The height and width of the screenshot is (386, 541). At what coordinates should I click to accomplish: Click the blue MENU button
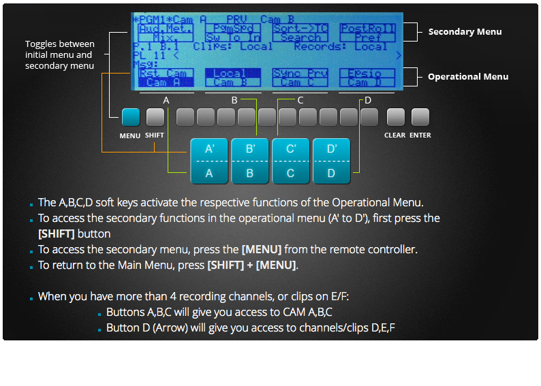pyautogui.click(x=130, y=118)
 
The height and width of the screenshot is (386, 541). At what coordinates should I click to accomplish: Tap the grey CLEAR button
pyautogui.click(x=395, y=118)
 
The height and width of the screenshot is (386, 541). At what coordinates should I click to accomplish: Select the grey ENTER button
pyautogui.click(x=420, y=118)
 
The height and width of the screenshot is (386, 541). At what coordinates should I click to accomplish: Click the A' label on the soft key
pyautogui.click(x=209, y=149)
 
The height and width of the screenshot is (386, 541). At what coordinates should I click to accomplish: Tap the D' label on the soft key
pyautogui.click(x=332, y=149)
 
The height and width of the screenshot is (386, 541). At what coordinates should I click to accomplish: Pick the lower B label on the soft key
pyautogui.click(x=250, y=173)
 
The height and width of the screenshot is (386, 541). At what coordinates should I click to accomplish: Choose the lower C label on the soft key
pyautogui.click(x=291, y=173)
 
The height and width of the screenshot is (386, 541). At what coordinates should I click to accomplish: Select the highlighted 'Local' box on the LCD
pyautogui.click(x=229, y=74)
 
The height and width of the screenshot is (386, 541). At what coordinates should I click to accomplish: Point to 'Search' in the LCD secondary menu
pyautogui.click(x=300, y=38)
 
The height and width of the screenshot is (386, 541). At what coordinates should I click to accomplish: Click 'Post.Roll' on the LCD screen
pyautogui.click(x=367, y=29)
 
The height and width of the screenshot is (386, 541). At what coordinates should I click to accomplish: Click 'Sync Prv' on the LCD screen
pyautogui.click(x=300, y=74)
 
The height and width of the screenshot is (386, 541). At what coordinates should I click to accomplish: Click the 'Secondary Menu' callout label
pyautogui.click(x=465, y=32)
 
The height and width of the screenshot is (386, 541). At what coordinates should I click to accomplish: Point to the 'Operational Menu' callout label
pyautogui.click(x=467, y=77)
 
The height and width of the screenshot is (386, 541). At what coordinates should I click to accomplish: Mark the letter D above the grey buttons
pyautogui.click(x=368, y=100)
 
